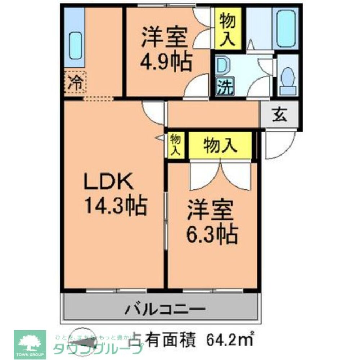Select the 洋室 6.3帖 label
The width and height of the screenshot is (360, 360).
(211, 223)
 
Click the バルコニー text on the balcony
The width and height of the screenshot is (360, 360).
(165, 309)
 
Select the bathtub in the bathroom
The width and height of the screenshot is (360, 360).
(287, 28)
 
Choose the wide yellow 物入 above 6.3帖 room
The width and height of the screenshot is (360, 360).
(220, 145)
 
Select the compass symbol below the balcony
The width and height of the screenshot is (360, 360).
(81, 337)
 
